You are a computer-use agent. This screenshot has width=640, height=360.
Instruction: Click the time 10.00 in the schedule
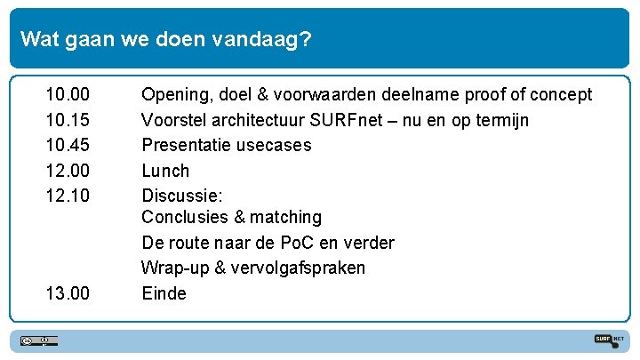coord(68,94)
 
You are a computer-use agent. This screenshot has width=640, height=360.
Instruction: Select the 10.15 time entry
coord(68,120)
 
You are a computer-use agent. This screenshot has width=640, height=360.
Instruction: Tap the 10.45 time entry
coord(68,145)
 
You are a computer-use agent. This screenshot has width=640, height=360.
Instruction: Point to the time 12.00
coord(68,171)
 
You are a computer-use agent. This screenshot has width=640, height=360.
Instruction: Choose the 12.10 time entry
coord(68,196)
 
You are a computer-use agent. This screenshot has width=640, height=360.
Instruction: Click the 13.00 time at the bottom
coord(68,293)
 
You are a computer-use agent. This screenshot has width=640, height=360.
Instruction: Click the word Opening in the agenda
coord(175,95)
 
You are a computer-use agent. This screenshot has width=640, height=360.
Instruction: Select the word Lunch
coord(165,171)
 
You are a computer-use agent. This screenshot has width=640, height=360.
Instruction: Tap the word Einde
coord(164,293)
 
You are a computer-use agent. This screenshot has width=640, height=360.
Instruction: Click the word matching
coord(285,218)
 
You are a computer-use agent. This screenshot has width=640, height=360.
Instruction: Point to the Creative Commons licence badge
coord(40,340)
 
